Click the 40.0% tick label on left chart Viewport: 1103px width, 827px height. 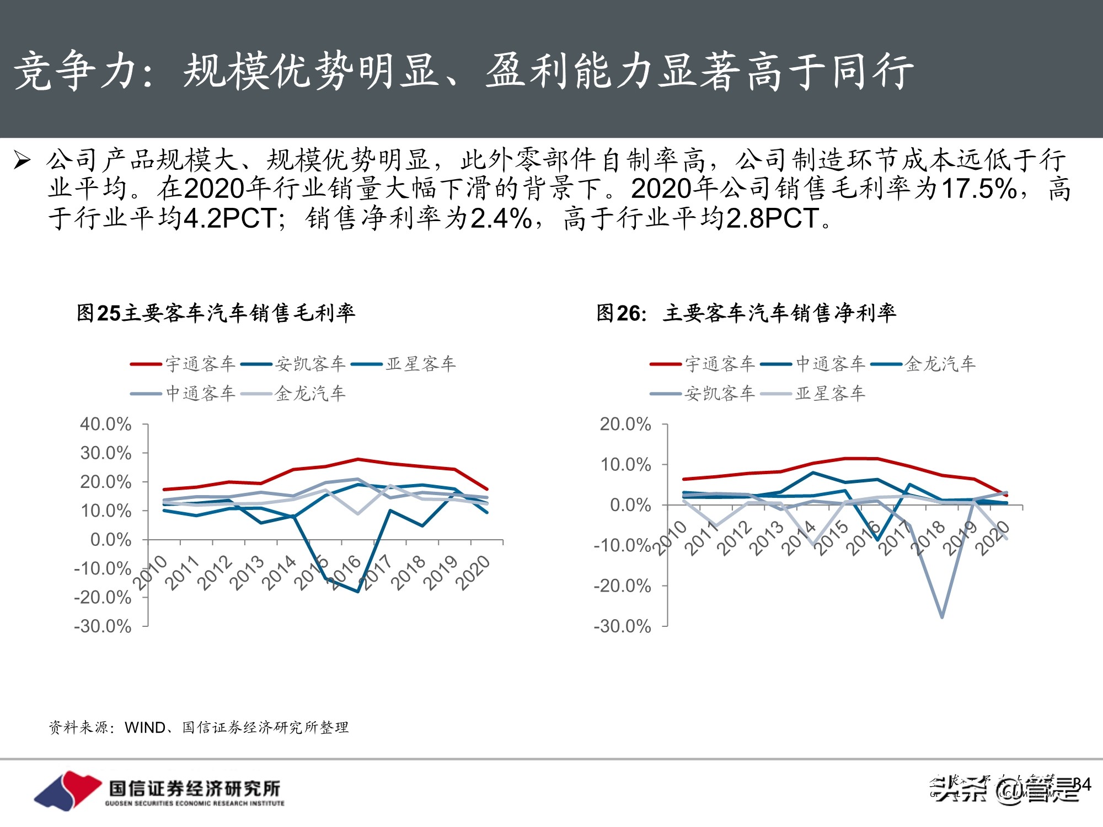coord(106,424)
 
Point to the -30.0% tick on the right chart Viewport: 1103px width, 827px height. coord(623,626)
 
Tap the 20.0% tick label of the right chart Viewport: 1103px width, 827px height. coord(625,424)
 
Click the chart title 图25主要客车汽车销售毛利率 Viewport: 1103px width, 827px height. coord(216,313)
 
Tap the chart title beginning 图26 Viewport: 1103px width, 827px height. coord(746,313)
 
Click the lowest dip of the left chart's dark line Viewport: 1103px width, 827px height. coord(358,592)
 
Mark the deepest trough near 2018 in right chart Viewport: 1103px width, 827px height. coord(942,616)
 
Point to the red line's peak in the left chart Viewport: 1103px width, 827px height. coord(358,459)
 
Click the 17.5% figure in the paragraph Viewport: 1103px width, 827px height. coord(979,189)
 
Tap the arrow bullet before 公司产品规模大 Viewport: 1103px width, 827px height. coord(22,160)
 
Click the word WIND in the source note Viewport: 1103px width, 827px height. coord(145,728)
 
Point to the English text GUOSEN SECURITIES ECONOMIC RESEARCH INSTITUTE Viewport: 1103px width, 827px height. coord(195,803)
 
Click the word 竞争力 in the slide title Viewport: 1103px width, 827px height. coord(74,72)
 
